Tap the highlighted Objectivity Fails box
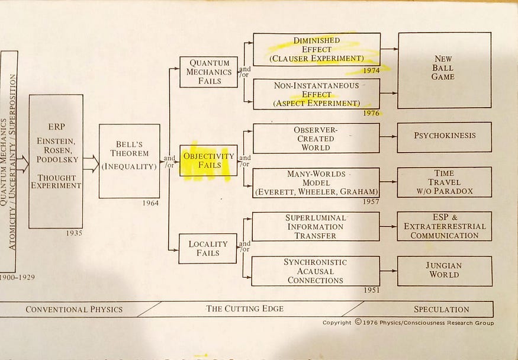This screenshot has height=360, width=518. point(208,160)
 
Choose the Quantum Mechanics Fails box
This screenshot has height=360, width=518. point(208,72)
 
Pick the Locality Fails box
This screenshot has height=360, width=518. point(208,249)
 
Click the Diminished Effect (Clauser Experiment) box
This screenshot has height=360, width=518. point(317,50)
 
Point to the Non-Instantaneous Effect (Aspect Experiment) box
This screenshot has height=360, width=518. point(317,94)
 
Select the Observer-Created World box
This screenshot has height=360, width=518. point(316,139)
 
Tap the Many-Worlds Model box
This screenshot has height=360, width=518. point(316,182)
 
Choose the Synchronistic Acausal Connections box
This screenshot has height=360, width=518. point(316,271)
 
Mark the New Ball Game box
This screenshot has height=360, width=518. point(444,70)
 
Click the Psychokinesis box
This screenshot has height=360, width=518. point(445,136)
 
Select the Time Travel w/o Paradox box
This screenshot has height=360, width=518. point(445,182)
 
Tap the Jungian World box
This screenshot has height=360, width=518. point(445,271)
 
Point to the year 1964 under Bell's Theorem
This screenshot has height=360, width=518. point(150,203)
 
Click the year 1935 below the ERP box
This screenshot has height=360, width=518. point(74,233)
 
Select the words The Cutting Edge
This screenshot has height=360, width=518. point(244,308)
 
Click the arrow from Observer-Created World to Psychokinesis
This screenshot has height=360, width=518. point(388,137)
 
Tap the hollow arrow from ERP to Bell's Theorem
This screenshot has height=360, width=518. point(91,163)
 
